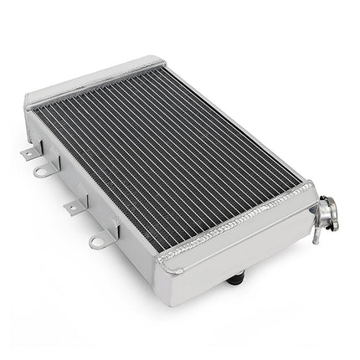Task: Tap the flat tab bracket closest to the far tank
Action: tap(29, 152)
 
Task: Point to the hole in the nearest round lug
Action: tap(95, 243)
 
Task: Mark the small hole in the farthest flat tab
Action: tap(27, 153)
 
